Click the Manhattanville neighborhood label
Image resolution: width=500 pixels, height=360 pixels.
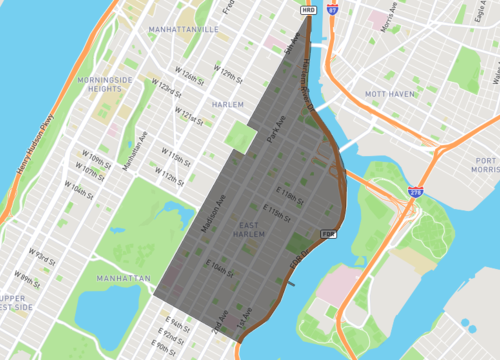click(x=183, y=30)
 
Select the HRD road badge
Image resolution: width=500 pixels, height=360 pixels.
click(x=308, y=9)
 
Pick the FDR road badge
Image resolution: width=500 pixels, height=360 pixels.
click(x=326, y=233)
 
